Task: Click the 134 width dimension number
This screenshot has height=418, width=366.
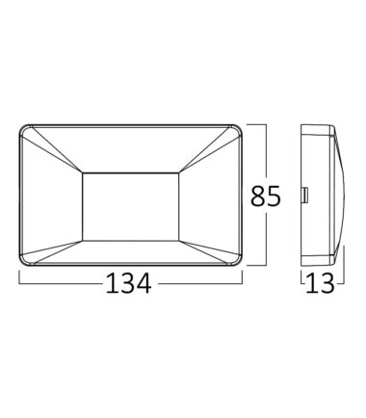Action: coord(128,283)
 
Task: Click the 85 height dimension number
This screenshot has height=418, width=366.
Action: coord(266,196)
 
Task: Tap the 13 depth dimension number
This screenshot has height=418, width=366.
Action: coord(320,283)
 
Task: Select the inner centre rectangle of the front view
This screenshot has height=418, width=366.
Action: coord(131,207)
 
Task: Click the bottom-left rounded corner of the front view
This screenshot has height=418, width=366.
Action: coord(22,262)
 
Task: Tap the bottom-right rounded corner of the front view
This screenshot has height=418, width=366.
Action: coord(239,262)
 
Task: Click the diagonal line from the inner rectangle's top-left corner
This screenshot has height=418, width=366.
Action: coord(57,150)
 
